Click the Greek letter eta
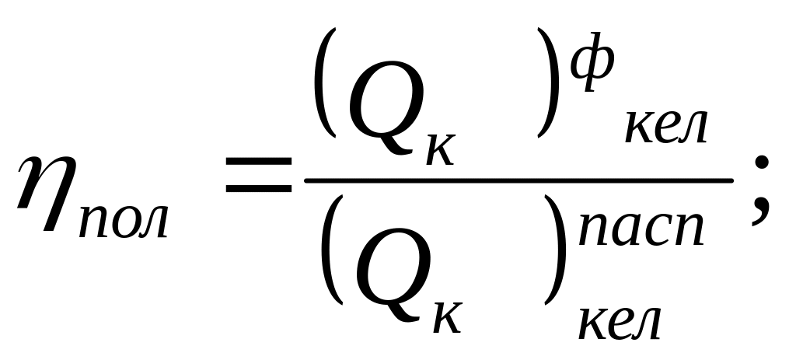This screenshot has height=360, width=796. [x=48, y=192]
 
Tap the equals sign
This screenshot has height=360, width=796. [x=258, y=175]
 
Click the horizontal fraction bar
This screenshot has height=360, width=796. [x=518, y=180]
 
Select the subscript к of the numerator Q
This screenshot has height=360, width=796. [x=441, y=149]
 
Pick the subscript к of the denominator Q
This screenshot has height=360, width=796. [x=447, y=316]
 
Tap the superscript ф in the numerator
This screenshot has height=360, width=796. [x=592, y=61]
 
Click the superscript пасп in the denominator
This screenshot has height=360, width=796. [x=641, y=229]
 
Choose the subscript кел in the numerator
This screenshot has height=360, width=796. [x=665, y=127]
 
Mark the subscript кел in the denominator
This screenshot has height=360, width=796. [x=619, y=323]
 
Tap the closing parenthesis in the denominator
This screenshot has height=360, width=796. [x=556, y=250]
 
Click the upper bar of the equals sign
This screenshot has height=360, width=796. [x=258, y=160]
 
